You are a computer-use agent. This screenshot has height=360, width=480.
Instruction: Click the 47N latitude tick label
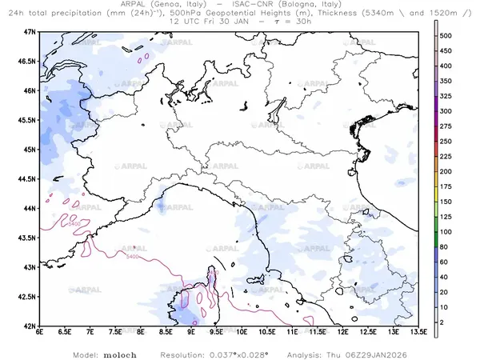pos(30,31)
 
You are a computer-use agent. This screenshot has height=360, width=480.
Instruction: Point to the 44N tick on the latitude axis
pos(30,208)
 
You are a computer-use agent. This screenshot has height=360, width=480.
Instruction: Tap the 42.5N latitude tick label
pos(28,297)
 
